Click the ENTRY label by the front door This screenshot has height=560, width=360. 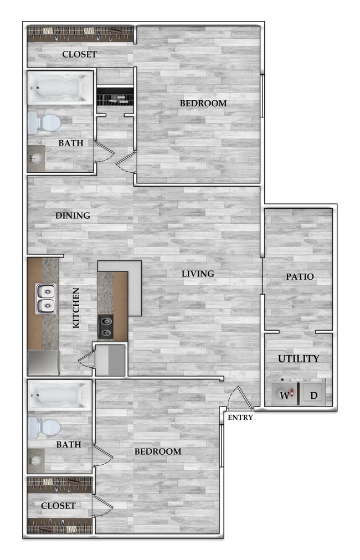(x=240, y=417)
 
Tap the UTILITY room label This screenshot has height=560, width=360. (x=299, y=358)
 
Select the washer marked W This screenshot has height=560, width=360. (x=285, y=395)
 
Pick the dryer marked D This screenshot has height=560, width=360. (x=314, y=395)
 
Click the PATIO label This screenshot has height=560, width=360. (x=300, y=276)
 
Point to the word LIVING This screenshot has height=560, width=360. (x=198, y=274)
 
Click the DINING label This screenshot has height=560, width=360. (x=73, y=215)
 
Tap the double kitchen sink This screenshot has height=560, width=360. (x=46, y=298)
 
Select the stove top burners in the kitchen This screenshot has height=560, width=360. (x=105, y=326)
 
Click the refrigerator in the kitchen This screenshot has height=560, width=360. (x=43, y=363)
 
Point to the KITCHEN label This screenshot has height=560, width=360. (x=76, y=308)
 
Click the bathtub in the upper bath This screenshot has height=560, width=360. (x=60, y=88)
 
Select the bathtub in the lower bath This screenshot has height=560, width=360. (x=60, y=395)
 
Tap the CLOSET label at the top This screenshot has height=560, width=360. (x=79, y=54)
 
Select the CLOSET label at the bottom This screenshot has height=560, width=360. (x=58, y=506)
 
